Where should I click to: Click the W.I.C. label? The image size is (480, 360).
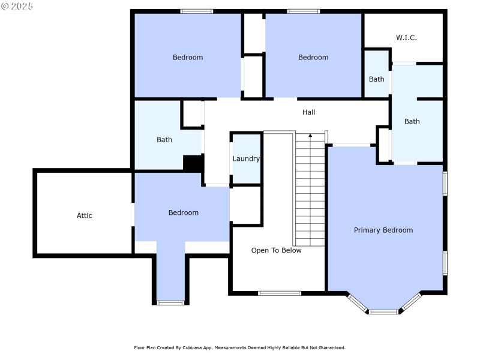(406, 38)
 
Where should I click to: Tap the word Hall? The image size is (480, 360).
(308, 112)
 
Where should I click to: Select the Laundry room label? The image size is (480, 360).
(246, 159)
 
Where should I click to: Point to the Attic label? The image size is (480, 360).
(85, 215)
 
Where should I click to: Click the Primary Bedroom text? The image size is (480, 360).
(383, 230)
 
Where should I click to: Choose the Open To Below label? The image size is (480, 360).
(276, 250)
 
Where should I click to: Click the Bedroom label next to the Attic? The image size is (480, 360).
(183, 212)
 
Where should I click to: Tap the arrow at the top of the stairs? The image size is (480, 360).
(310, 136)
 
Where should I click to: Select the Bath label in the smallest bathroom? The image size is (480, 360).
(376, 79)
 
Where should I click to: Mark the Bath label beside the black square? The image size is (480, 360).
(164, 140)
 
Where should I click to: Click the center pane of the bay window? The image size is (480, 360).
(383, 311)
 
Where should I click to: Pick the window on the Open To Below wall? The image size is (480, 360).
(279, 293)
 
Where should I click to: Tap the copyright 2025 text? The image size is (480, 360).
(17, 6)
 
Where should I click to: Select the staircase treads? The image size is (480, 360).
(310, 192)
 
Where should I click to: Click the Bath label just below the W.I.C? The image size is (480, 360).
(412, 121)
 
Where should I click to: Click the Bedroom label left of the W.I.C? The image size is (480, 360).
(313, 58)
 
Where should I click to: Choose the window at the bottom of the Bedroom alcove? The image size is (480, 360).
(170, 302)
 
